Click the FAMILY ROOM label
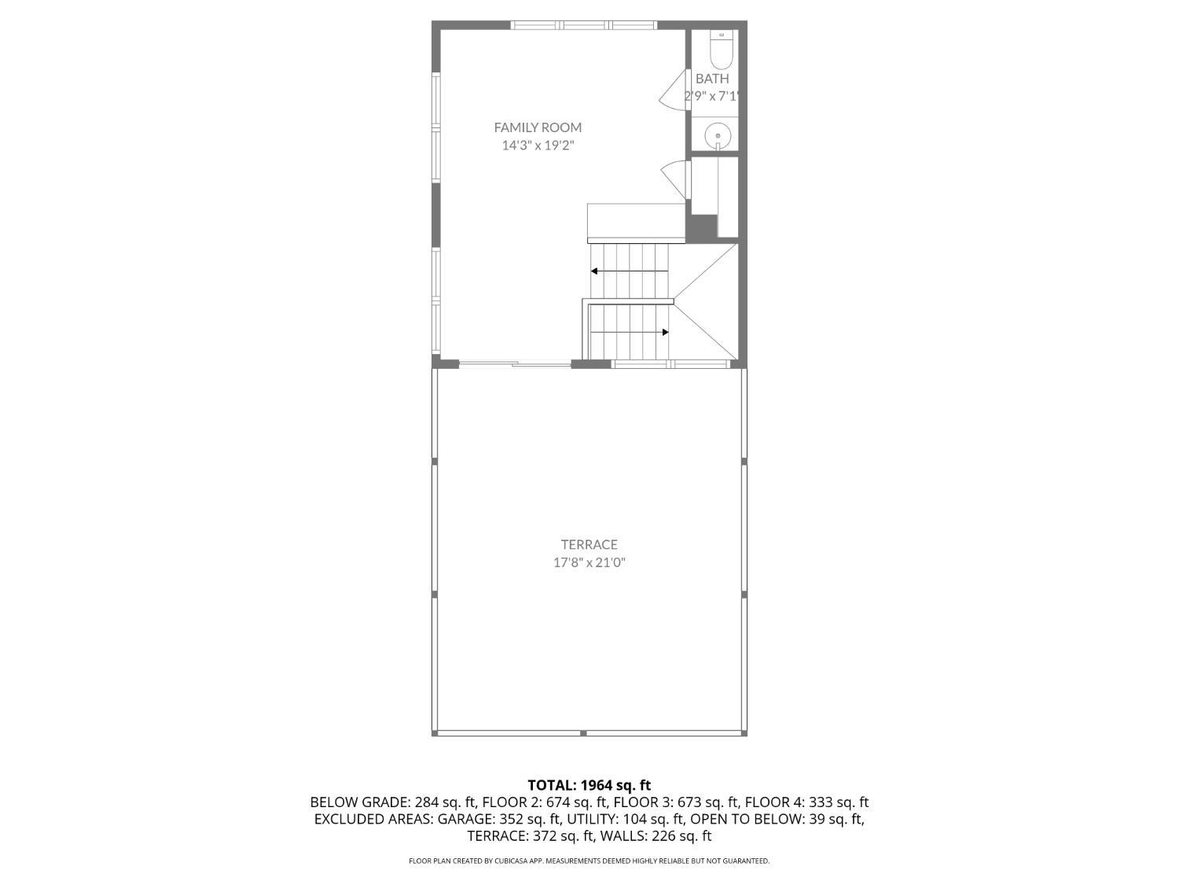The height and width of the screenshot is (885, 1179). pos(538,127)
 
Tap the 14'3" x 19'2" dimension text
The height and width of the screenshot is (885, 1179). pos(538,146)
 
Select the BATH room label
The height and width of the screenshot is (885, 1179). pos(712,79)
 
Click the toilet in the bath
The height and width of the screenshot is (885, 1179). pos(721,50)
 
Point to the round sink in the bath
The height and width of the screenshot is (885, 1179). pos(718,136)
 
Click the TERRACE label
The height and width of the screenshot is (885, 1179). pos(589,544)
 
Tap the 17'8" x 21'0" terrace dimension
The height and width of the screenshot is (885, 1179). pos(589,562)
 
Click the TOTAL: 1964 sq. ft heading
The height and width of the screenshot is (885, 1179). pos(589,785)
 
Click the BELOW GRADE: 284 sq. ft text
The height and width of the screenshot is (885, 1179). pos(393,802)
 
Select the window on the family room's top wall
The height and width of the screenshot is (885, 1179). pos(584,25)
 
